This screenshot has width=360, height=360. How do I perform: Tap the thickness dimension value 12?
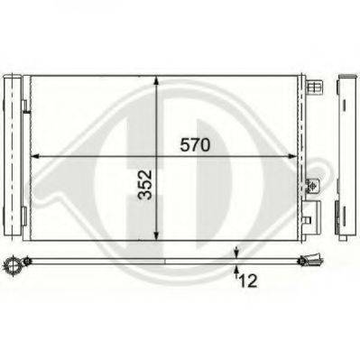coord(246,282)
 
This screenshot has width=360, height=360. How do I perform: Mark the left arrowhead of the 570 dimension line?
coord(36,156)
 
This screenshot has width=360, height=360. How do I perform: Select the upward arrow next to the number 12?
coord(236,268)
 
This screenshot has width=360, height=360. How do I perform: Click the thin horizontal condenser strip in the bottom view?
coord(162,261)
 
